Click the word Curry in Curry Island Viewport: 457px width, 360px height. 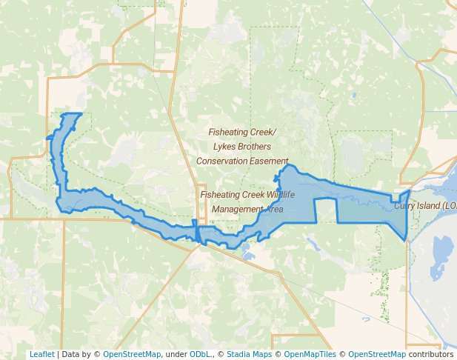click(407, 206)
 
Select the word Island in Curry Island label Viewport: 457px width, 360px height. click(433, 206)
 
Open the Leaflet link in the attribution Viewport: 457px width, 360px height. click(42, 354)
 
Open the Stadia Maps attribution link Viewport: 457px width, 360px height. click(249, 354)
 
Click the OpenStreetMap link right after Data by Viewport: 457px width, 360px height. click(132, 354)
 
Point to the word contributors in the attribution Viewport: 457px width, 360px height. click(431, 354)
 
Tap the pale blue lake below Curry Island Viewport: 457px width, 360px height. click(441, 256)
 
